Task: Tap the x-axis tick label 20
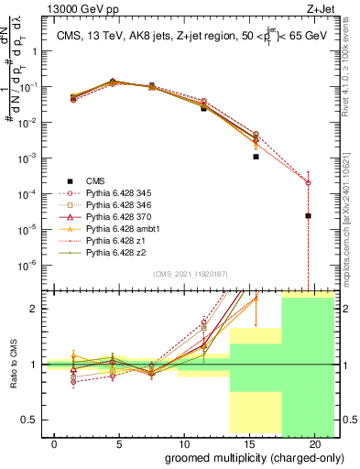pyautogui.click(x=314, y=443)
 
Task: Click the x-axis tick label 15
pyautogui.click(x=248, y=443)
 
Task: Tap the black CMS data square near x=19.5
pyautogui.click(x=308, y=216)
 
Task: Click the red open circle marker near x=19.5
pyautogui.click(x=308, y=182)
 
